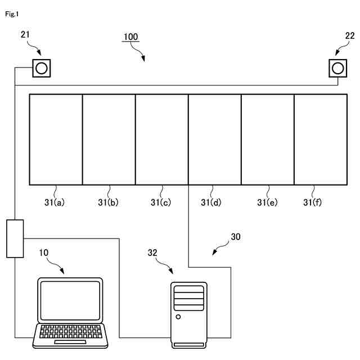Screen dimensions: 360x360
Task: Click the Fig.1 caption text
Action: (12, 14)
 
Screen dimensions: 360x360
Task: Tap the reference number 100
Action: (130, 37)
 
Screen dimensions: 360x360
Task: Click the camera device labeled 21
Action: (41, 69)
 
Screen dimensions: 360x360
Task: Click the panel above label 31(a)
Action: (56, 139)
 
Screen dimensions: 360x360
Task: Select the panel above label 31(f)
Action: (321, 139)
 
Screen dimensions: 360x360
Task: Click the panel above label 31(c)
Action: (161, 139)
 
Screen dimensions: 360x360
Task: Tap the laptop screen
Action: (70, 300)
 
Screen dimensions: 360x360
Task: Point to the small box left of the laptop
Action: (15, 238)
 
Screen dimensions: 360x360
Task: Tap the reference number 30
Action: (235, 237)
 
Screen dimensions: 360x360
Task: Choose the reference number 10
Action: (43, 253)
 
